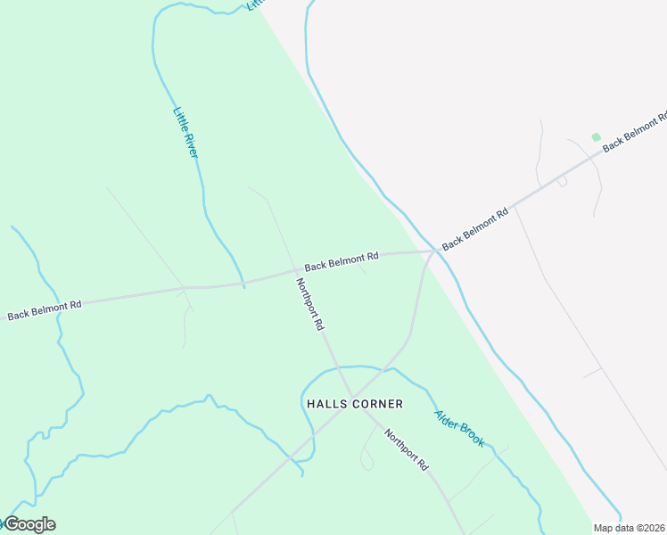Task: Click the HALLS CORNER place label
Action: click(354, 404)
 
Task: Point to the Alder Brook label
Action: click(459, 428)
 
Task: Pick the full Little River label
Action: click(185, 133)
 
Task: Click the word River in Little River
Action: click(191, 145)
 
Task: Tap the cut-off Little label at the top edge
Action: click(256, 4)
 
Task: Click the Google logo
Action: click(29, 524)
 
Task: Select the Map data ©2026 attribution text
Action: click(630, 528)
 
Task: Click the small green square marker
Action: click(596, 137)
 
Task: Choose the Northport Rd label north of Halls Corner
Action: click(309, 304)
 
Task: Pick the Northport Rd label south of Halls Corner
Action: click(407, 450)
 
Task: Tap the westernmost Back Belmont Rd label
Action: click(45, 309)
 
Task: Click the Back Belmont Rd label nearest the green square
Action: click(634, 133)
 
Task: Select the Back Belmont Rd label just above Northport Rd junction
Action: click(342, 260)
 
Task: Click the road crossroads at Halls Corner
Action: click(351, 397)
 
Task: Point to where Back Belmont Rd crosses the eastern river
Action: click(435, 251)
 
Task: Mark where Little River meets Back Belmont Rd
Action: click(243, 284)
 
